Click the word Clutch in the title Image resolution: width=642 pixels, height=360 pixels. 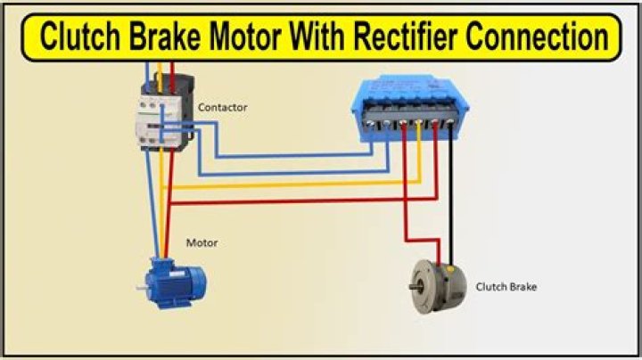[x=80, y=36]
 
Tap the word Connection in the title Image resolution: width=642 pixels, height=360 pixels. [x=537, y=36]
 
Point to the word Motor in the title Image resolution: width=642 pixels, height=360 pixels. [x=245, y=36]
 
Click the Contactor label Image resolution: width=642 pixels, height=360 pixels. [x=222, y=108]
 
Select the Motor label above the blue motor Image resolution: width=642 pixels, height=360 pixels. [x=202, y=243]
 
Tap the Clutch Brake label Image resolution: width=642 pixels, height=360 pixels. [x=506, y=287]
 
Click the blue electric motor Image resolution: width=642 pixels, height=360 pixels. [x=172, y=282]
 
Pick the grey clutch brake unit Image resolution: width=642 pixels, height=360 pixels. [x=438, y=286]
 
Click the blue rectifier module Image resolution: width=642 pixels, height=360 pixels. [x=410, y=109]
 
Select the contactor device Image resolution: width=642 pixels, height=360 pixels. [x=164, y=111]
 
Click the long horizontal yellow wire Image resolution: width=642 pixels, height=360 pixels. [x=292, y=185]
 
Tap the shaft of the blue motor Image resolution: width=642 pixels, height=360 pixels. [x=142, y=288]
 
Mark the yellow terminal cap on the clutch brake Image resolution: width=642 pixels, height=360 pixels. [x=450, y=269]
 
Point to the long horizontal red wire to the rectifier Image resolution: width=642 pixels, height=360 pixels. [x=304, y=200]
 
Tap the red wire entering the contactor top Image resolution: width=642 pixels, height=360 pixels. [x=172, y=78]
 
